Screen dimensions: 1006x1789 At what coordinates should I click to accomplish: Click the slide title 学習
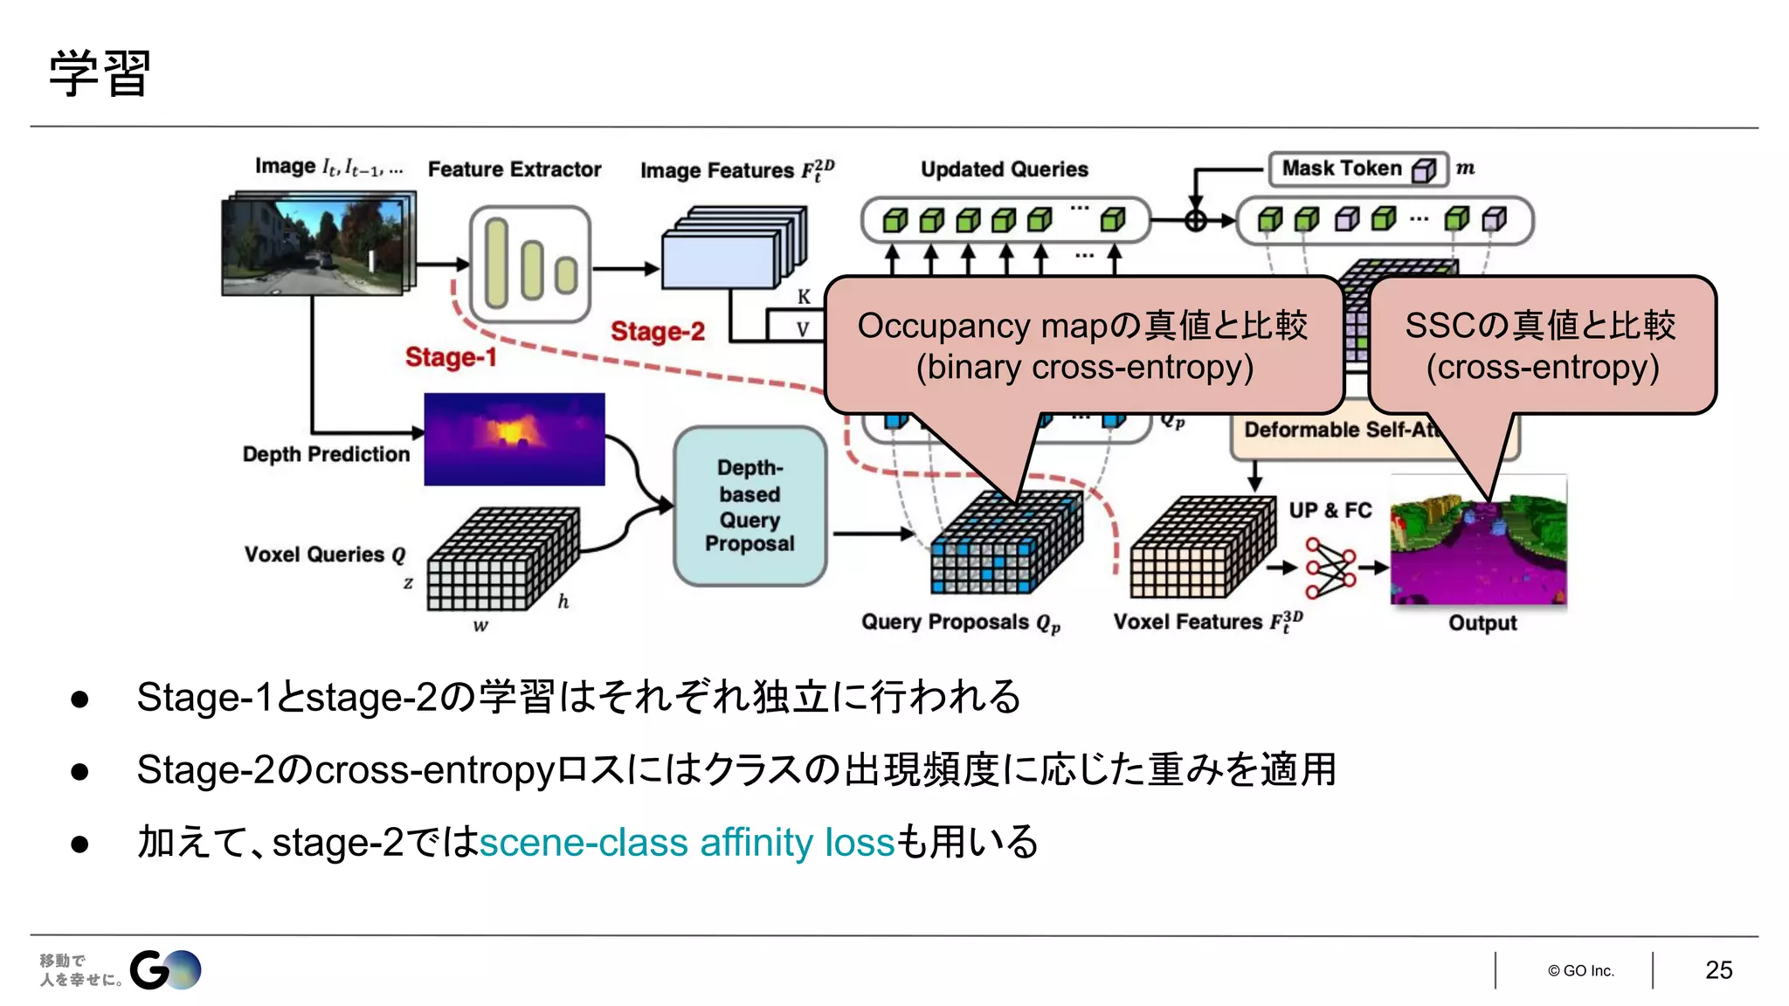coord(100,73)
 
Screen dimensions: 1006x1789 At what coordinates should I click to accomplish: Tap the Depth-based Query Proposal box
coord(749,506)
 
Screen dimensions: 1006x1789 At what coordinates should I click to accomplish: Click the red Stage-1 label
coord(451,357)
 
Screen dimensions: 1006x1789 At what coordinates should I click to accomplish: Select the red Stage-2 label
coord(657,332)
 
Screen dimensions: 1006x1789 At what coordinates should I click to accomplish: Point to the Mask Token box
coord(1357,169)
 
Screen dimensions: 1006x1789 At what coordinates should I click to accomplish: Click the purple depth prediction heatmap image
coord(514,439)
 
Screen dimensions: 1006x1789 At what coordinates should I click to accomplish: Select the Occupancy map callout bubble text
coord(1083,346)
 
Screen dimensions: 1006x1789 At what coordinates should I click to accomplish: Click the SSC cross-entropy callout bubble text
coord(1542,346)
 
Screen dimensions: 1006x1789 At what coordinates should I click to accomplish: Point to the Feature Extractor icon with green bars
coord(530,265)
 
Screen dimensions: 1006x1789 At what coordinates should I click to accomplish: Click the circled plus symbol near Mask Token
coord(1196,220)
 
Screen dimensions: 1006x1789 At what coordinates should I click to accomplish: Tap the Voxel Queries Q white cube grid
coord(501,559)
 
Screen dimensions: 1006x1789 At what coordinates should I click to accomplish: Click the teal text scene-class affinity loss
coord(687,843)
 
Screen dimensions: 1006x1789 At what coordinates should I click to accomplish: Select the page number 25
coord(1718,970)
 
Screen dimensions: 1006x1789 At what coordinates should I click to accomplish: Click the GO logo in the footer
coord(165,970)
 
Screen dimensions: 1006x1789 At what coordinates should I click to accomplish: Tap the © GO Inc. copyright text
coord(1580,971)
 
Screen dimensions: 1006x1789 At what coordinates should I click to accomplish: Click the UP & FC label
coord(1330,510)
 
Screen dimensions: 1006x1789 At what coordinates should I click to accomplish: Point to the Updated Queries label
coord(1004,169)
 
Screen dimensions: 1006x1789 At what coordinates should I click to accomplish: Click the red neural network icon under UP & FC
coord(1330,568)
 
